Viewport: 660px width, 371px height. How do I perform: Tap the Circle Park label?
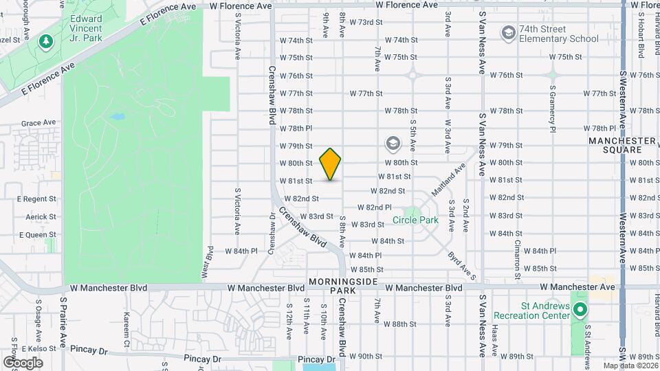click(415, 221)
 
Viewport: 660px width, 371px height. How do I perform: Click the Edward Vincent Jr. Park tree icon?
click(46, 41)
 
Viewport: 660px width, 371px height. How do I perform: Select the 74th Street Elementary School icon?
click(508, 32)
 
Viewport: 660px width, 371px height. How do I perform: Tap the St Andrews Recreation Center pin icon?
click(580, 311)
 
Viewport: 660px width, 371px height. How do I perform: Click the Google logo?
click(23, 362)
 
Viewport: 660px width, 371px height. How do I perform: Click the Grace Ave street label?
click(38, 123)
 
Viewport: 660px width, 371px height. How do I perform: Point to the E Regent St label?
click(36, 199)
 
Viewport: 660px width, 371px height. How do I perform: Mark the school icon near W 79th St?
click(393, 144)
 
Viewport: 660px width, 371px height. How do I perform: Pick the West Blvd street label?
click(206, 262)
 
